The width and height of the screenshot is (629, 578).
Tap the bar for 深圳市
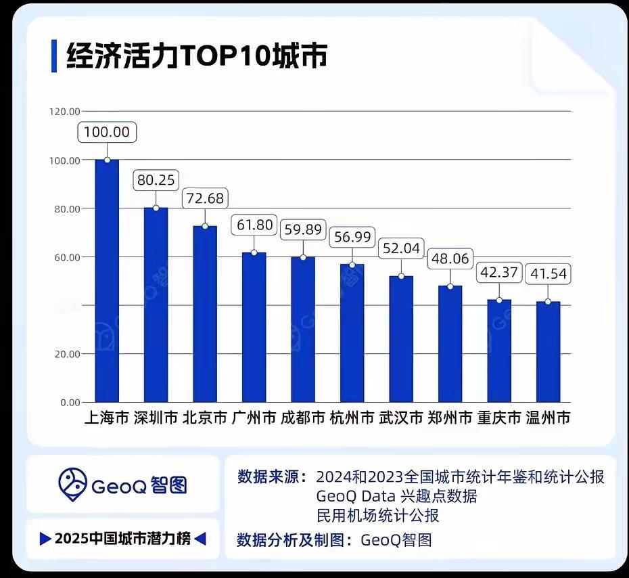point(156,305)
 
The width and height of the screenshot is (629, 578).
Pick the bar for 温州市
point(548,352)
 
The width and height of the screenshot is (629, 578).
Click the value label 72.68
point(205,200)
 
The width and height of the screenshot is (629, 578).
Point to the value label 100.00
point(107,132)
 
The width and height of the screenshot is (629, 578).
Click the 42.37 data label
point(499,273)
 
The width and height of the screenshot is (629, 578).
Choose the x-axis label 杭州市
point(352,418)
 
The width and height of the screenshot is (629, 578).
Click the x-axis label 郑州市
point(450,418)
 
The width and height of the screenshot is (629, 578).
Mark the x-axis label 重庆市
point(499,418)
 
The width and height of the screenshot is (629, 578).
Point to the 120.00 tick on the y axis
point(65,112)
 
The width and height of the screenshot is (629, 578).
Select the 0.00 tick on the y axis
point(70,403)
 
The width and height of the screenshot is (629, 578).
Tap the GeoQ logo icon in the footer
point(73,483)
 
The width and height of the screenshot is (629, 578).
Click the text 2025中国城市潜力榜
point(122,539)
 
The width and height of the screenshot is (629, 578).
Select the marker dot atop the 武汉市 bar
point(401,276)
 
